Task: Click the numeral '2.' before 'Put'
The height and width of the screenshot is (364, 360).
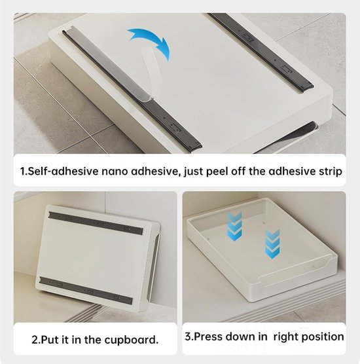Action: pyautogui.click(x=36, y=340)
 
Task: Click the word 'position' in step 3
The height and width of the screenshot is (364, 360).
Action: pyautogui.click(x=321, y=337)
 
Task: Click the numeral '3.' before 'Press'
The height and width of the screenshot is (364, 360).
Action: pyautogui.click(x=190, y=337)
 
